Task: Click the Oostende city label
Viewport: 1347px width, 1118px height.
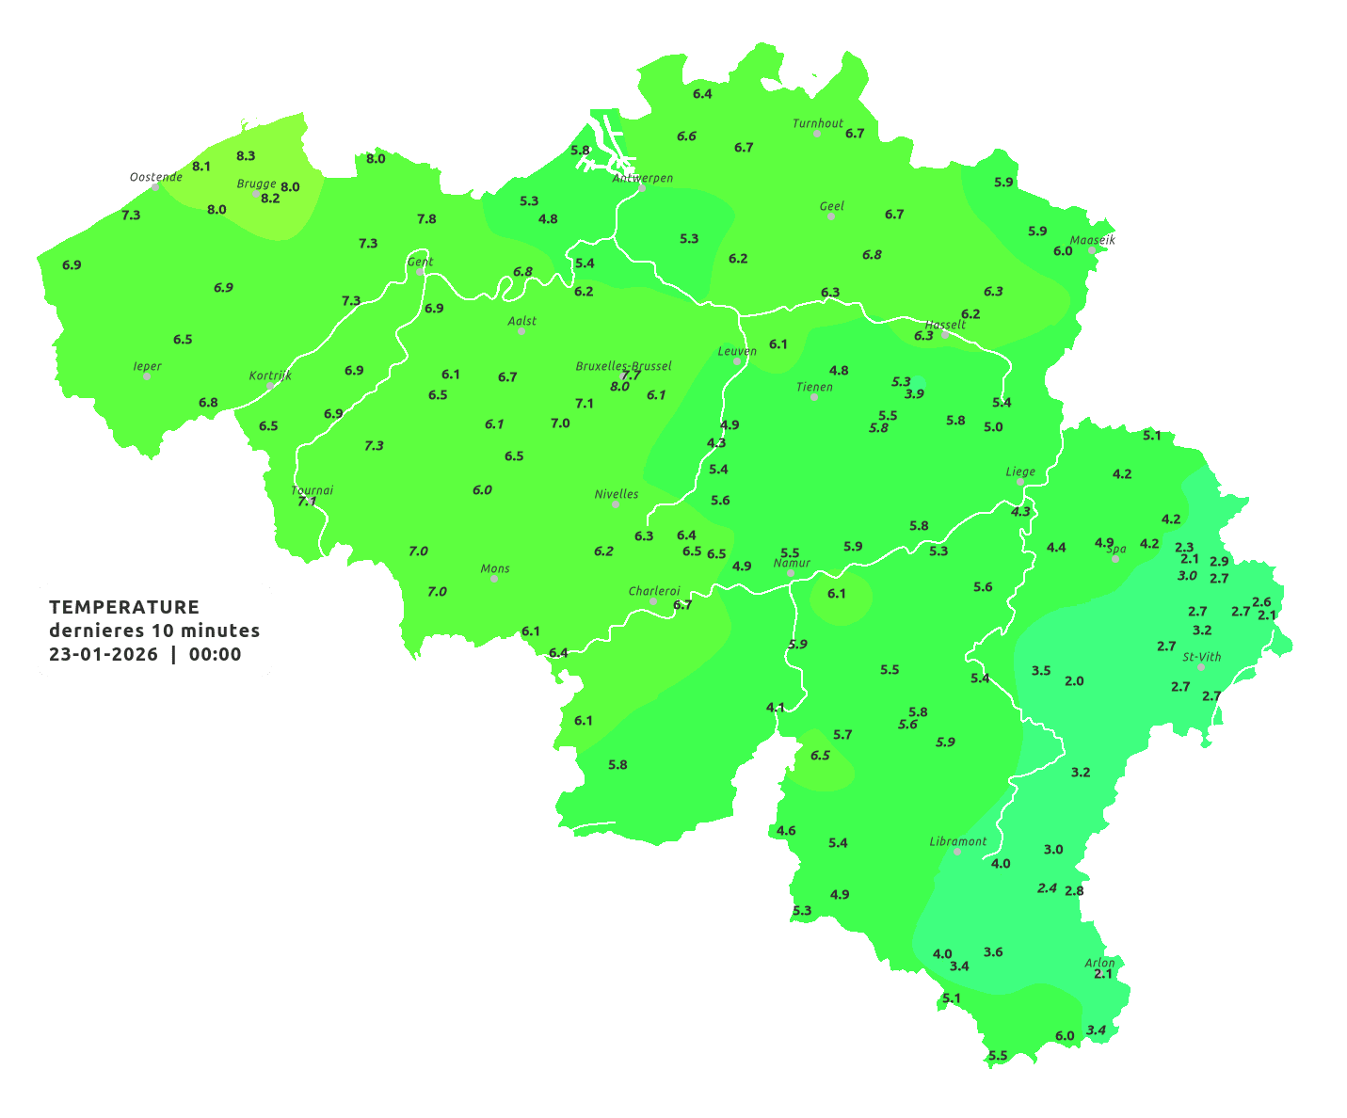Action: coord(155,177)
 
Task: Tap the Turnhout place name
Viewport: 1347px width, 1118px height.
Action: coord(818,123)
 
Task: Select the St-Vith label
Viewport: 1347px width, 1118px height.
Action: coord(1202,657)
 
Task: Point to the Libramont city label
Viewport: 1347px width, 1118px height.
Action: coord(957,841)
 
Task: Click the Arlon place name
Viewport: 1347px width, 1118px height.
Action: coord(1099,963)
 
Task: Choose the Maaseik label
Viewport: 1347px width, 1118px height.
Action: coord(1092,240)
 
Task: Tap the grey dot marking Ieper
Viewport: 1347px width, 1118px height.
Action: coord(147,376)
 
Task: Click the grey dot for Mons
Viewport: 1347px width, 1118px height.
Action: coord(494,579)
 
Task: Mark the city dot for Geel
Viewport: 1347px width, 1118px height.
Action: coord(831,216)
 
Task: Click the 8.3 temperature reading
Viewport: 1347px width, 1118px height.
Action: coord(246,155)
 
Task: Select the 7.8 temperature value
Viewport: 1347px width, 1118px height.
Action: coord(426,218)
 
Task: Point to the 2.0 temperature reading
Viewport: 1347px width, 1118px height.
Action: coord(1074,680)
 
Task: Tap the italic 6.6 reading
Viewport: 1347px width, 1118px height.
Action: coord(686,136)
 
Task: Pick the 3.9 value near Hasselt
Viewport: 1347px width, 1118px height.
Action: coord(914,393)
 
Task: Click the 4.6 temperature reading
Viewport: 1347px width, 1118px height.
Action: coord(786,830)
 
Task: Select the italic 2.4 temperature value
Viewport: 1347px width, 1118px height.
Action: coord(1047,887)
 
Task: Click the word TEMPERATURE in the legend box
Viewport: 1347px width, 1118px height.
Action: coord(124,607)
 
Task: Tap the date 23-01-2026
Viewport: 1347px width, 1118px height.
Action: coord(104,654)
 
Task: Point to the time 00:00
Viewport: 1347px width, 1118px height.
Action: coord(216,654)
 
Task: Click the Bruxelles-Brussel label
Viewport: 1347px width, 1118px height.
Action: coord(623,365)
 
